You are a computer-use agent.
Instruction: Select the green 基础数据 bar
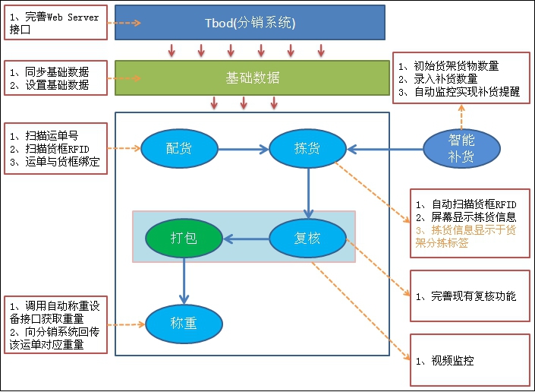pyautogui.click(x=252, y=77)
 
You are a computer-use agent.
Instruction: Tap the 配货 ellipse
pyautogui.click(x=179, y=148)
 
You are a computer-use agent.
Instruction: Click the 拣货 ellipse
pyautogui.click(x=307, y=148)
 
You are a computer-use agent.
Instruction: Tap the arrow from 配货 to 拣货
pyautogui.click(x=243, y=148)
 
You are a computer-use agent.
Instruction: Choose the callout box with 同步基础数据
pyautogui.click(x=55, y=78)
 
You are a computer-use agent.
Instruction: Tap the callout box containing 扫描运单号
pyautogui.click(x=55, y=148)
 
